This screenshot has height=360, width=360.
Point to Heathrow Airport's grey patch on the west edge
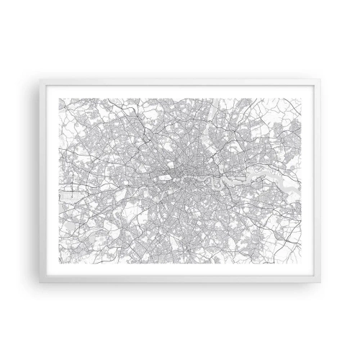(68, 189)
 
